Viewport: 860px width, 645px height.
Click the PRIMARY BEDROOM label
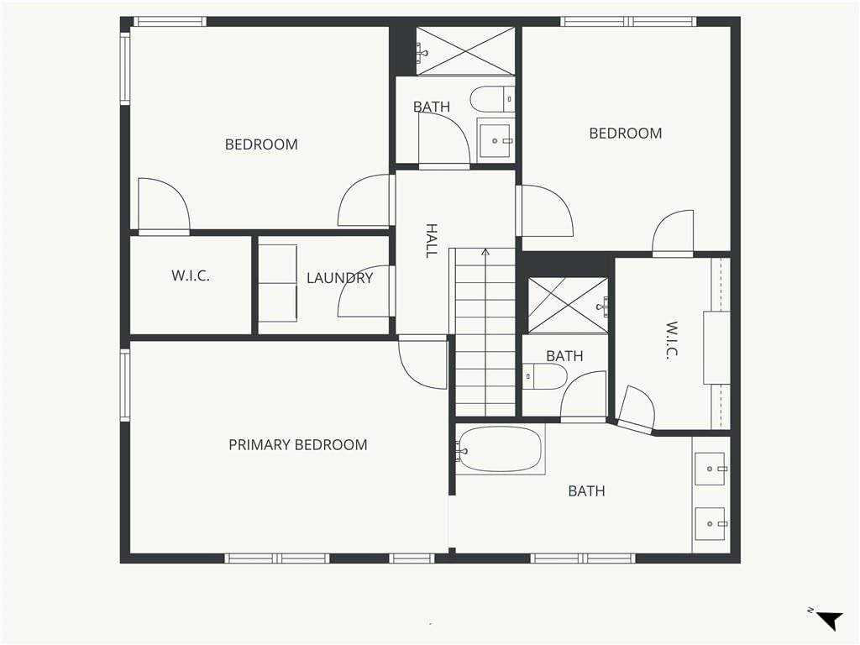[298, 445]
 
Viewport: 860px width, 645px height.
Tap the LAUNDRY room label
[339, 278]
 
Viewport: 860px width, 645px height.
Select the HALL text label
[432, 240]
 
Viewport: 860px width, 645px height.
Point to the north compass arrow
[829, 621]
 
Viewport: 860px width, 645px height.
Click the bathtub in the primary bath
[500, 449]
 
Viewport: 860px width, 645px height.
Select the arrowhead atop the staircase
[485, 252]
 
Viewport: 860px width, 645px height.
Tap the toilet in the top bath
[492, 99]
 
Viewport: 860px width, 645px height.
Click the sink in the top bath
[496, 140]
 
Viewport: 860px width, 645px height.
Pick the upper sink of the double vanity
[711, 469]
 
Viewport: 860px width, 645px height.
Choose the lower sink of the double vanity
[711, 524]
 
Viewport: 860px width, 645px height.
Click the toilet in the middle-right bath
[544, 376]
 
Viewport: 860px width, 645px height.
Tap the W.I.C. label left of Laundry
[191, 275]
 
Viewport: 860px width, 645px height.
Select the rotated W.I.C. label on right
[671, 340]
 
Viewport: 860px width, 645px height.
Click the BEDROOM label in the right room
[625, 134]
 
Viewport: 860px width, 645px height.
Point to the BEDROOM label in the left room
[261, 144]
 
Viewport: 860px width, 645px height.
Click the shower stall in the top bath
[465, 51]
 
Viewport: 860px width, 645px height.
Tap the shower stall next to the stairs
[569, 306]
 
